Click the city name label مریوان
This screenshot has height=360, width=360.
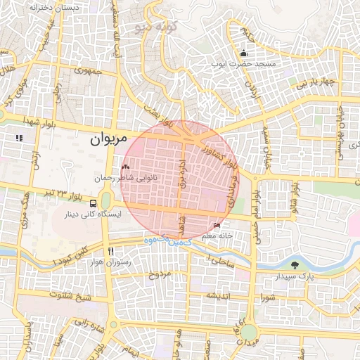[x=108, y=139]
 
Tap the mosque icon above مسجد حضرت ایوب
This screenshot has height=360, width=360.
[x=244, y=53]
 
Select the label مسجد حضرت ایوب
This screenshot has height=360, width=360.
[x=244, y=63]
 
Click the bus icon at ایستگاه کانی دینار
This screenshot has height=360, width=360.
[x=94, y=203]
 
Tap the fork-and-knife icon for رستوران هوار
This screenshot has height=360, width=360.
[x=110, y=251]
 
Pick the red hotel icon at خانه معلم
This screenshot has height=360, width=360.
[x=217, y=226]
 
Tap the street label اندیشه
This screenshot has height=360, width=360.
[x=219, y=296]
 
